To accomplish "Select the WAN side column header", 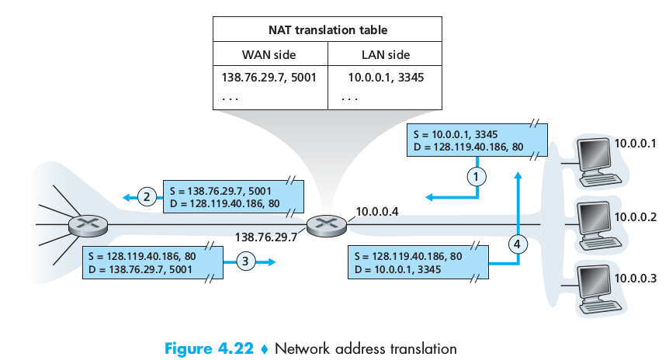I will tap(269, 55).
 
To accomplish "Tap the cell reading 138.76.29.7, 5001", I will tap(269, 79).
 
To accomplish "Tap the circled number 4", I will tap(518, 244).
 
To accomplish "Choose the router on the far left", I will tap(82, 226).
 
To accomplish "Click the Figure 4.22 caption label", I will tap(210, 348).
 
